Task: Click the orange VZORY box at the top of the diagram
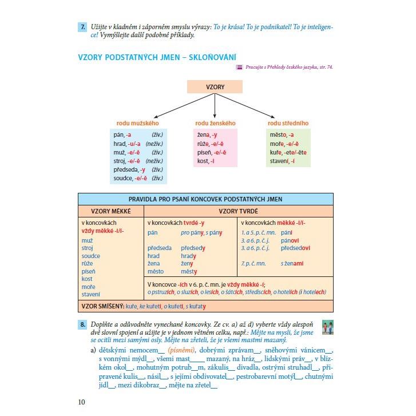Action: pos(215,87)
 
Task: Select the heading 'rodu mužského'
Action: pos(137,123)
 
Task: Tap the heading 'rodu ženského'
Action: pos(215,123)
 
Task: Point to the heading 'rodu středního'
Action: pos(288,123)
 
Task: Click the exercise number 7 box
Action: pos(82,26)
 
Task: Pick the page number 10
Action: pos(81,402)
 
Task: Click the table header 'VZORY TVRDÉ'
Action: pos(237,211)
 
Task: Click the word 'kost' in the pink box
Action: pos(203,161)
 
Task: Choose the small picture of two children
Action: pos(327,327)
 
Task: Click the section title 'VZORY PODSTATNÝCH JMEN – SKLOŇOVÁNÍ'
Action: pos(157,57)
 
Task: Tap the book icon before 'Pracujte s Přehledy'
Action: pos(239,68)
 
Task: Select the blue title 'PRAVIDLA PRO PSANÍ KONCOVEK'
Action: pos(205,199)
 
